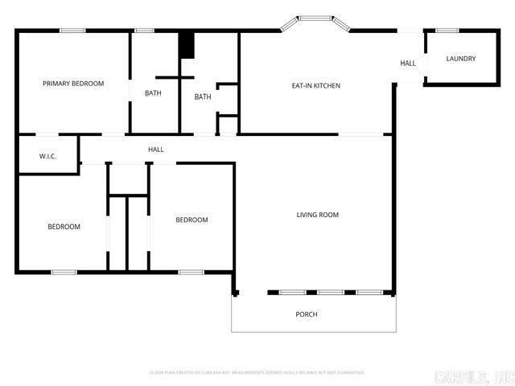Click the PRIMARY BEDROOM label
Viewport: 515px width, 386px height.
click(73, 83)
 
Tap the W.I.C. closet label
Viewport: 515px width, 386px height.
click(47, 156)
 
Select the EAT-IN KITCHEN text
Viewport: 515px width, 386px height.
click(315, 85)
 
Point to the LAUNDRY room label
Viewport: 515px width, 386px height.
click(461, 59)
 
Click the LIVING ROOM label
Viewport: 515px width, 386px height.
click(317, 215)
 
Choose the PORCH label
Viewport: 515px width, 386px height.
click(307, 314)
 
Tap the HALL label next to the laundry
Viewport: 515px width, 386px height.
click(408, 63)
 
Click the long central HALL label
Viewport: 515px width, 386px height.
click(156, 150)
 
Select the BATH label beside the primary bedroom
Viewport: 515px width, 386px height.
click(153, 93)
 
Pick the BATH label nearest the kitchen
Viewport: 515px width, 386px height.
click(202, 97)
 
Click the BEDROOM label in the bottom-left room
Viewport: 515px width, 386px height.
click(64, 227)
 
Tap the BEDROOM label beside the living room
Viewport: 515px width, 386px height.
click(192, 220)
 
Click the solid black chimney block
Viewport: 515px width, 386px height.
click(187, 44)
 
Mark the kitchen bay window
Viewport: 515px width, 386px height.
click(315, 18)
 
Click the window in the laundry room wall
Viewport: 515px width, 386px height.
click(447, 31)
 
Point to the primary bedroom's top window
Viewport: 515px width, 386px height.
click(72, 31)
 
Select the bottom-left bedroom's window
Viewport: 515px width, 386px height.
click(64, 272)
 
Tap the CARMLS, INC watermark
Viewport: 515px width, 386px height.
click(473, 376)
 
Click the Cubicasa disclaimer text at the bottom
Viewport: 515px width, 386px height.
click(257, 372)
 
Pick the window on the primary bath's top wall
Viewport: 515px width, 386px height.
click(144, 31)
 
